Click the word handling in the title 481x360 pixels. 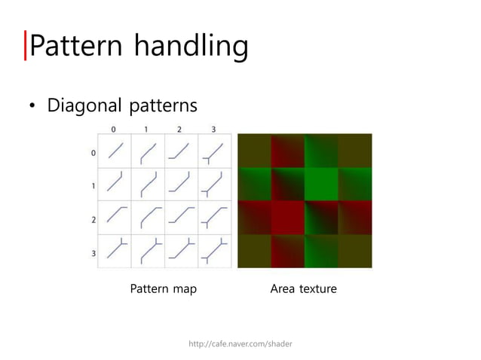coord(191,47)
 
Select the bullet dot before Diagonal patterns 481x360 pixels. coord(32,106)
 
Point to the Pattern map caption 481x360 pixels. coord(163,289)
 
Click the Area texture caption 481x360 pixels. coord(304,289)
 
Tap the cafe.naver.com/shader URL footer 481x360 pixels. coord(240,343)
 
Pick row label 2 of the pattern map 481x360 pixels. coord(93,219)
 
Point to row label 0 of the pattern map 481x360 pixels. coord(93,153)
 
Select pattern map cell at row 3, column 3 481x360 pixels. coord(214,251)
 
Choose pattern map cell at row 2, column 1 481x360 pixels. coord(148,218)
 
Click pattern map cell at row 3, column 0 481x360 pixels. coord(115,251)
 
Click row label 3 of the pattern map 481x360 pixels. coord(93,253)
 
